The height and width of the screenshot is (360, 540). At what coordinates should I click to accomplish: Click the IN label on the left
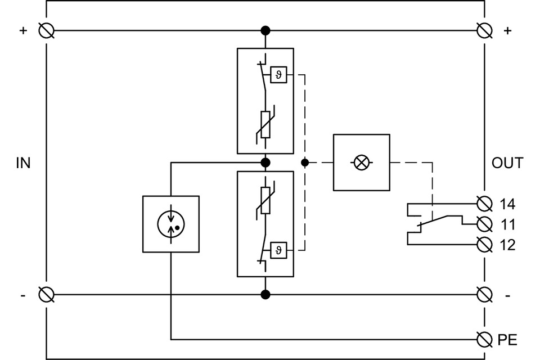point(23,164)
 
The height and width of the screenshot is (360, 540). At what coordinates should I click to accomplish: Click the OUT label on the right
point(507,164)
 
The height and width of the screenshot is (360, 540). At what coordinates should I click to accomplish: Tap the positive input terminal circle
point(46,30)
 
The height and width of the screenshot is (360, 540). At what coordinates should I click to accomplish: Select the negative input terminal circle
point(46,294)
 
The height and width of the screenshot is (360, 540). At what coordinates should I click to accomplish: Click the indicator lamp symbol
point(362,163)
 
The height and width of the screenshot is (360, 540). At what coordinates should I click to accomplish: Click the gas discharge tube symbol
point(171,223)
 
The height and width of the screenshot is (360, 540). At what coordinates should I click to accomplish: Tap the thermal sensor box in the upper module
point(279,75)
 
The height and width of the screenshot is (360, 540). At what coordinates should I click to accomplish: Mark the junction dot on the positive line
point(265,30)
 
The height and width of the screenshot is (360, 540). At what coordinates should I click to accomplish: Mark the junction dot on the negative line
point(265,294)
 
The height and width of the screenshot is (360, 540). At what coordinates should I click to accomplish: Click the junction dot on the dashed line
point(305,163)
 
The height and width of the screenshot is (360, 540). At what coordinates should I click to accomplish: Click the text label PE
point(507,340)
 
